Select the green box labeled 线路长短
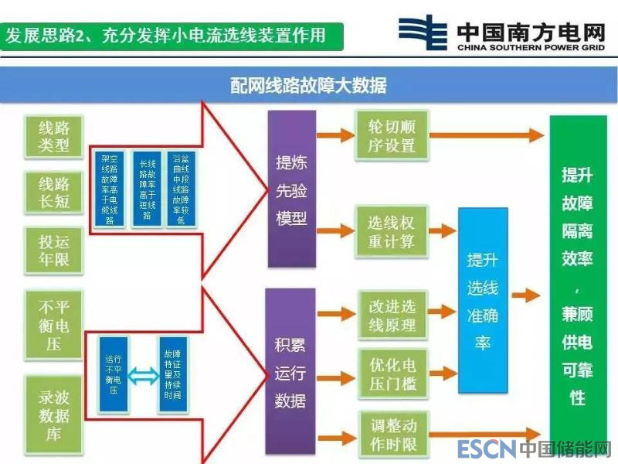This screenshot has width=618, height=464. point(54,193)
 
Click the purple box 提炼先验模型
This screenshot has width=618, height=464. point(292,189)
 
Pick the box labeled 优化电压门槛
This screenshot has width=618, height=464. point(392,370)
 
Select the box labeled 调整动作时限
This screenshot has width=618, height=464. point(392,435)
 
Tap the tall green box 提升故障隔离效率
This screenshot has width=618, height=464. point(578,286)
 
